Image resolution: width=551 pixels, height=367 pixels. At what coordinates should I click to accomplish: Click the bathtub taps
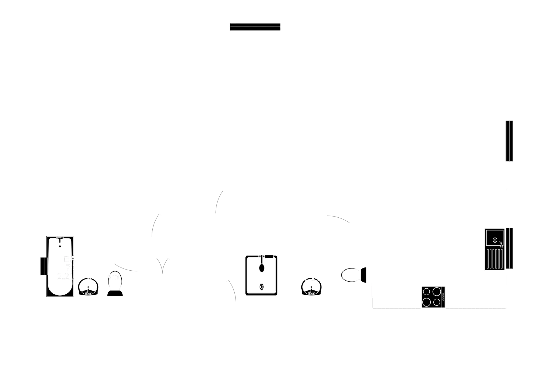pyautogui.click(x=60, y=238)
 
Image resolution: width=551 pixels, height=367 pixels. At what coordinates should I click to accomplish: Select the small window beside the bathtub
pyautogui.click(x=43, y=266)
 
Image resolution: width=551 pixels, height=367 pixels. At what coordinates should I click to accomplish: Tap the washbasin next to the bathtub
pyautogui.click(x=88, y=287)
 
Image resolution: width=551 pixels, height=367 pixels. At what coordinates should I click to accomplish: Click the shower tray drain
pyautogui.click(x=261, y=287)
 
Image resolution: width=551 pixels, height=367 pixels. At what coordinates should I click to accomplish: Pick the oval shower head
pyautogui.click(x=262, y=268)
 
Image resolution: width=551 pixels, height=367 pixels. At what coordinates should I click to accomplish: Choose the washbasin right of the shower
pyautogui.click(x=311, y=287)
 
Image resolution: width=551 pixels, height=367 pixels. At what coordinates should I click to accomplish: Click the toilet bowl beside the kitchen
pyautogui.click(x=350, y=275)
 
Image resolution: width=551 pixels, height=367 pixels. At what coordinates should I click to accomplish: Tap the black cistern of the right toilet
pyautogui.click(x=363, y=275)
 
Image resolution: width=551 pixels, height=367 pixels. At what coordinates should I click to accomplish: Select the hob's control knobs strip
pyautogui.click(x=443, y=297)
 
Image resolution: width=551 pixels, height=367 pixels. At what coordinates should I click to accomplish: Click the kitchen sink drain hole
pyautogui.click(x=495, y=240)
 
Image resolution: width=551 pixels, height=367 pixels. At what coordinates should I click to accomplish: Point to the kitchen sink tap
pyautogui.click(x=501, y=244)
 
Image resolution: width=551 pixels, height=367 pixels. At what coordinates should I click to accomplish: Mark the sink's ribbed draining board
pyautogui.click(x=494, y=259)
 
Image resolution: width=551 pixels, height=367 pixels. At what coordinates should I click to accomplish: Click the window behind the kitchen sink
pyautogui.click(x=510, y=248)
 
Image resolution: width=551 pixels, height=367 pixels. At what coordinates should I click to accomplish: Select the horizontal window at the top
pyautogui.click(x=255, y=27)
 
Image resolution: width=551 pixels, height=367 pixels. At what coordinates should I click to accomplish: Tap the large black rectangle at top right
pyautogui.click(x=531, y=54)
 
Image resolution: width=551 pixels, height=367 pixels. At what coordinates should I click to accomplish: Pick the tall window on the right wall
pyautogui.click(x=509, y=141)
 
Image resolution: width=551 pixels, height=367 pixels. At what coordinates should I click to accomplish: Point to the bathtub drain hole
pyautogui.click(x=60, y=246)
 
